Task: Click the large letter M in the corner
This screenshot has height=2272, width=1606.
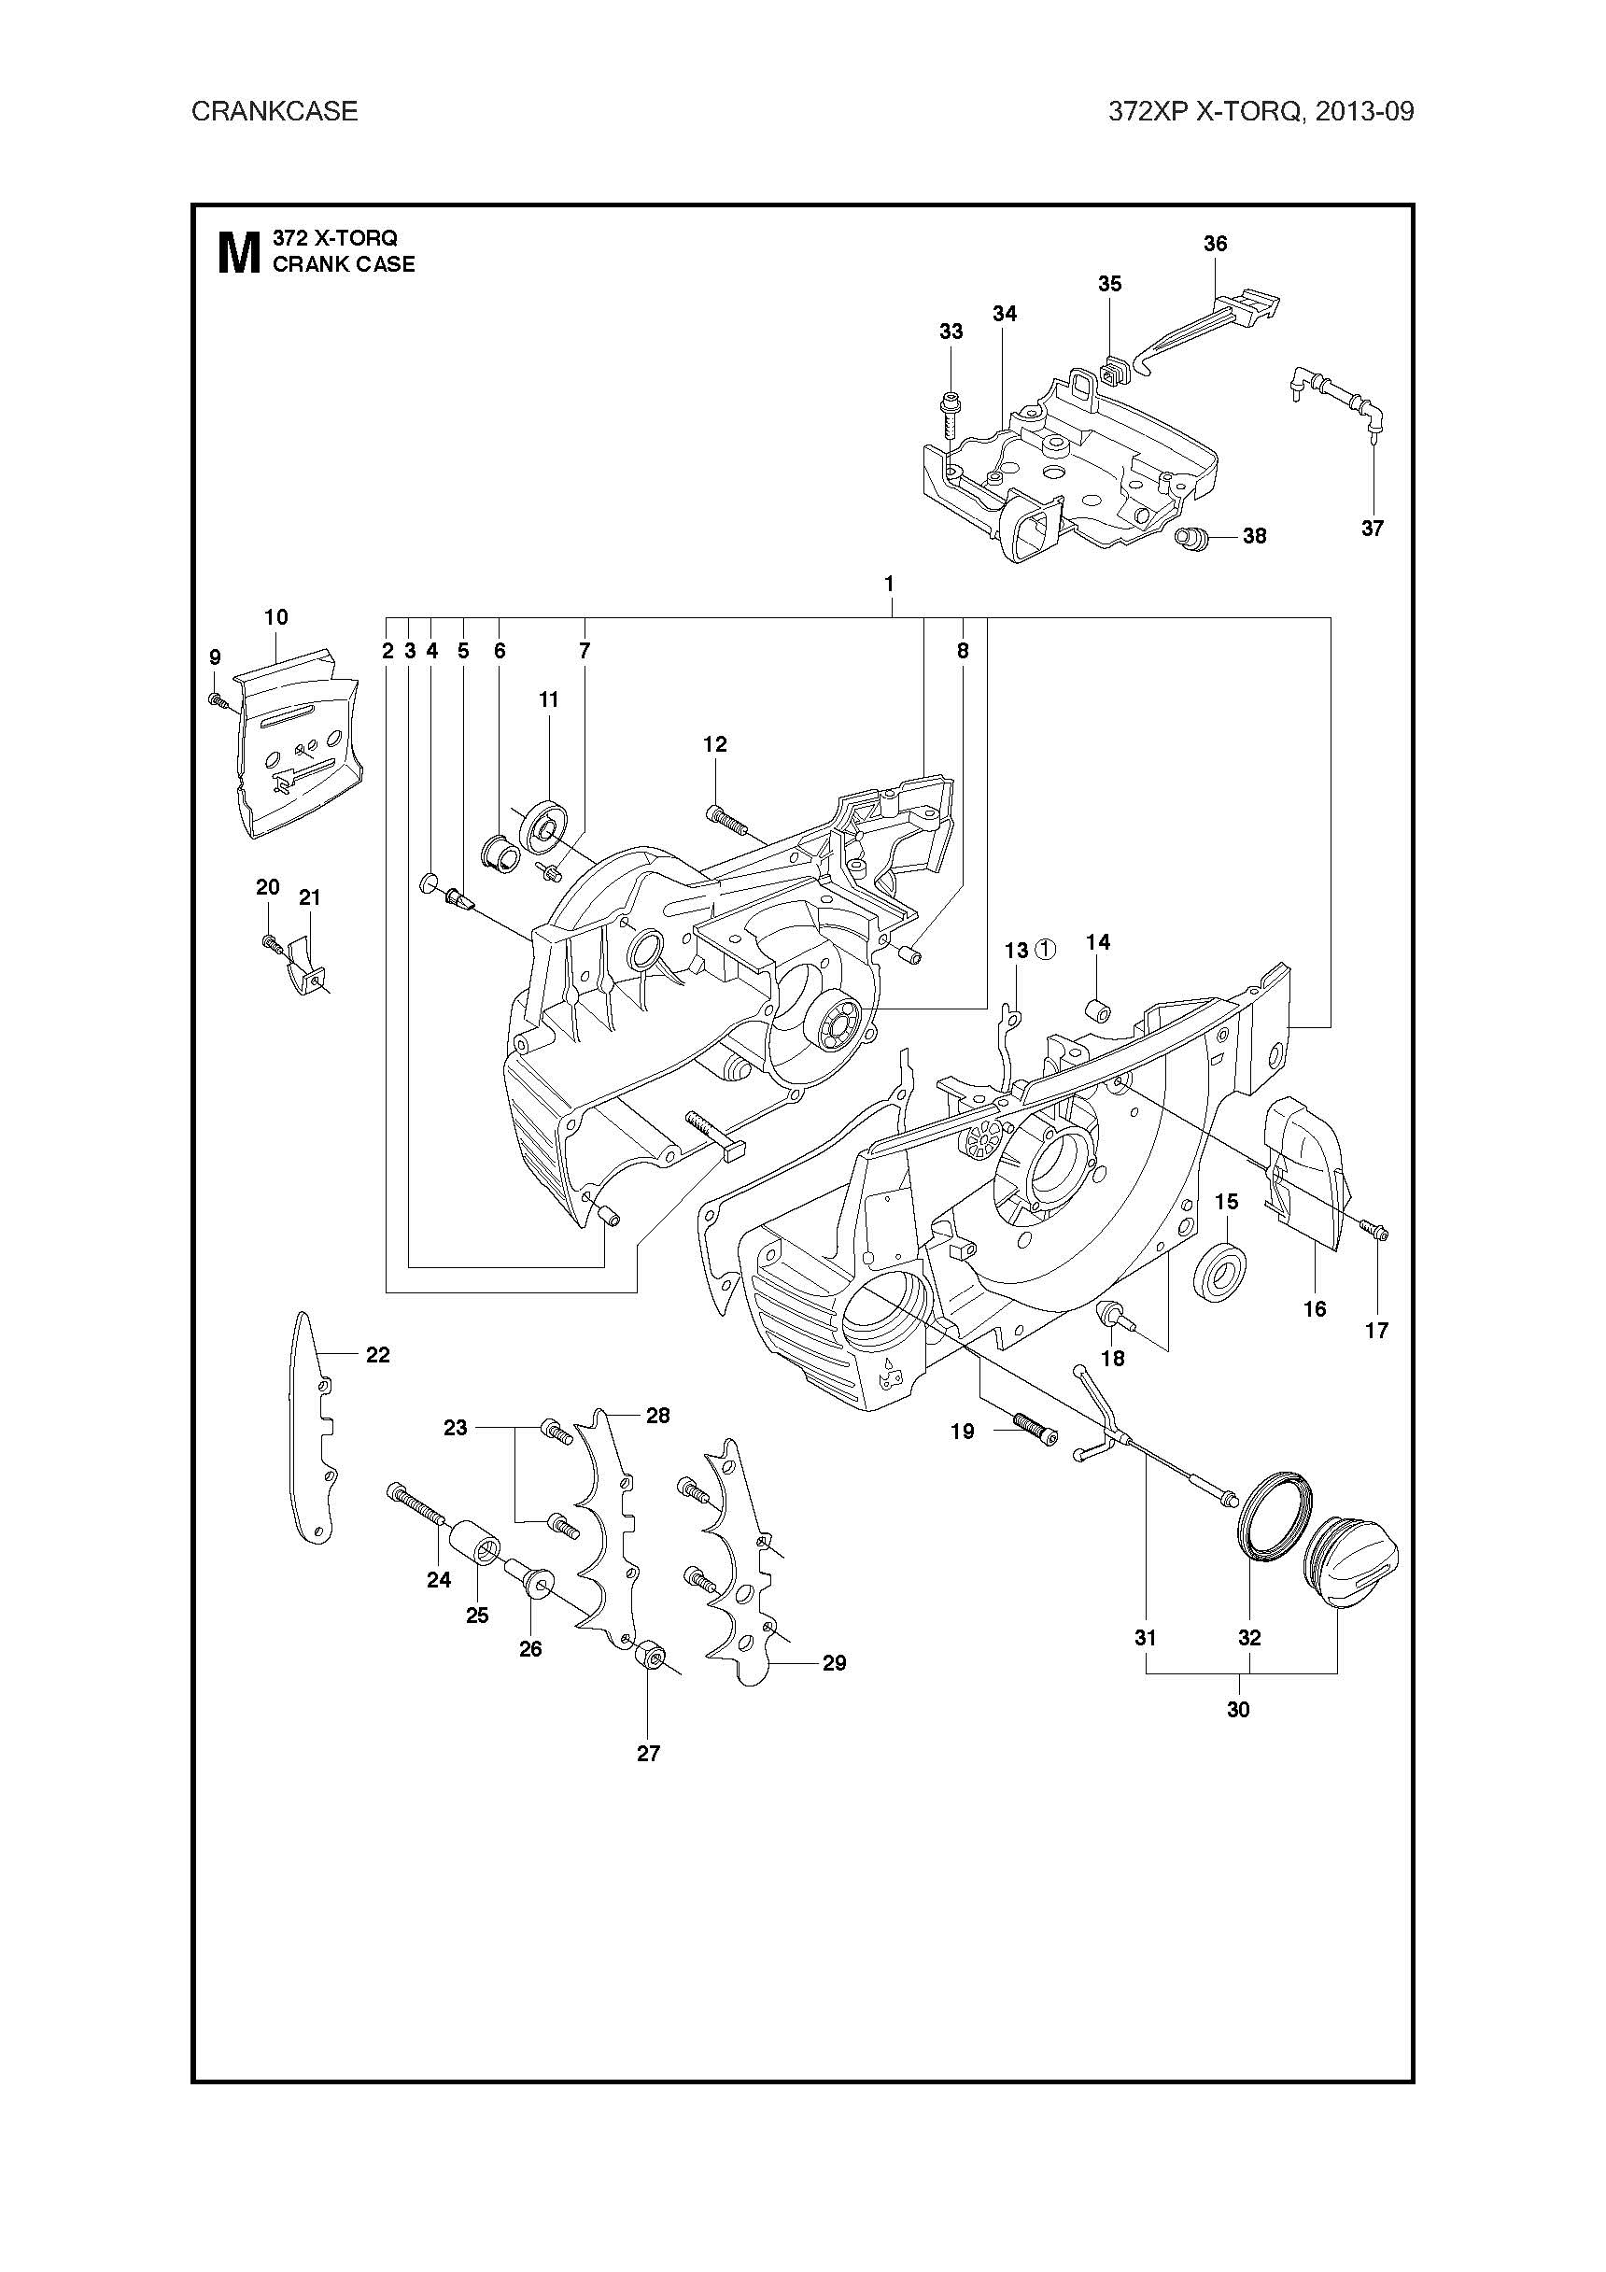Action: (x=237, y=253)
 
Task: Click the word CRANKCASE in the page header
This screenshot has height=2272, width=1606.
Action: (x=275, y=111)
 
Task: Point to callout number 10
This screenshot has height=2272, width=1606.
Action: (x=276, y=617)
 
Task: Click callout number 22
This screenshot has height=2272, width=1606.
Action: (x=378, y=1355)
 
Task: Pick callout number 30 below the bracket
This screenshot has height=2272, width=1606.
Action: (x=1238, y=1709)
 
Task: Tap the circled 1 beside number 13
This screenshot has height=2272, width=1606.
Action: (x=1045, y=950)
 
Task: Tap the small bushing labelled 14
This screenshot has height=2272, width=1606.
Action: (x=1098, y=1010)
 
